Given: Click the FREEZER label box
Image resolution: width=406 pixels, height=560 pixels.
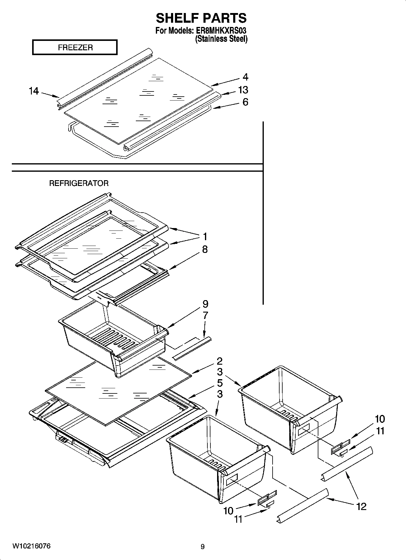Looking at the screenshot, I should pyautogui.click(x=75, y=48).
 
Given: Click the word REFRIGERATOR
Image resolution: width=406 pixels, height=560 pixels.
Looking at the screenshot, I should pyautogui.click(x=79, y=183).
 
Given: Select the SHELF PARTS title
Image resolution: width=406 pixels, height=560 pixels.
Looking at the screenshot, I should pyautogui.click(x=201, y=18).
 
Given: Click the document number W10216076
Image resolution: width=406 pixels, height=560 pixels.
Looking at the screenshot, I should pyautogui.click(x=32, y=546).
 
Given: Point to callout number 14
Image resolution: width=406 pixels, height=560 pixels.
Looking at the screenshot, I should pyautogui.click(x=34, y=91).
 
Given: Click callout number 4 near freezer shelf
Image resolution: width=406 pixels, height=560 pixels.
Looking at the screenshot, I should pyautogui.click(x=245, y=77).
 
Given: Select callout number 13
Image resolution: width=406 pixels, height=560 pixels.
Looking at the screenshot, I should pyautogui.click(x=243, y=90).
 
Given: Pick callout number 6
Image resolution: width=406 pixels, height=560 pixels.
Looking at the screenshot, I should pyautogui.click(x=245, y=102).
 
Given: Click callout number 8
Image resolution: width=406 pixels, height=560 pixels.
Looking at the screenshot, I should pyautogui.click(x=205, y=250).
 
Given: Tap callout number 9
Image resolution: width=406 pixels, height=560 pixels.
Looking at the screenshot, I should pyautogui.click(x=205, y=304).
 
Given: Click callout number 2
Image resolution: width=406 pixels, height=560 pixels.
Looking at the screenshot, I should pyautogui.click(x=220, y=361).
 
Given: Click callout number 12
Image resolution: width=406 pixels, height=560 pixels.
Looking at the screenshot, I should pyautogui.click(x=361, y=506).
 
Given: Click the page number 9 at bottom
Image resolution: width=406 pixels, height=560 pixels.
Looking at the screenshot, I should pyautogui.click(x=203, y=547).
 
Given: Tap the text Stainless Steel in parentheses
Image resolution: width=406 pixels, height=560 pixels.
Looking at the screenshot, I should pyautogui.click(x=221, y=39).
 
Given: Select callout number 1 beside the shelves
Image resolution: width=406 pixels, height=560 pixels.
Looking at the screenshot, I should pyautogui.click(x=205, y=236).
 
